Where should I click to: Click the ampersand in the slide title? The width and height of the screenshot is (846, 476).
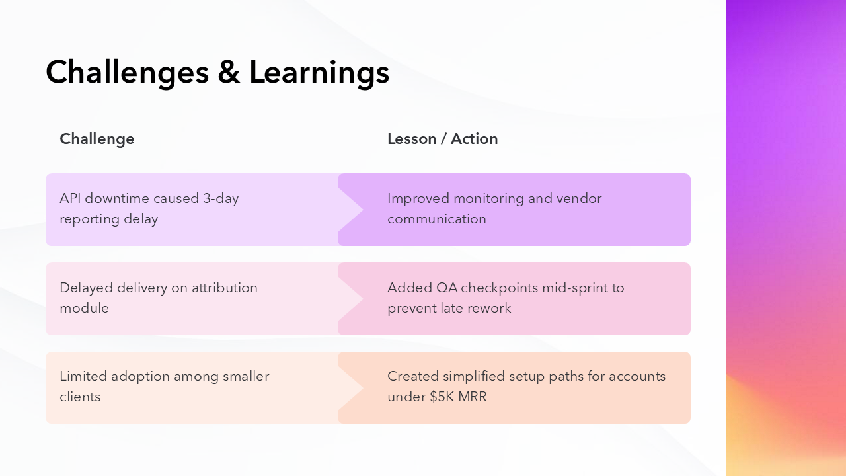[229, 72]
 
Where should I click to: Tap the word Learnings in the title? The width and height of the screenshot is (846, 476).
[319, 72]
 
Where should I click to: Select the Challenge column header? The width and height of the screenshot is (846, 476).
[97, 139]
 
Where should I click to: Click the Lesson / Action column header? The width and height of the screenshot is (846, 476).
[442, 139]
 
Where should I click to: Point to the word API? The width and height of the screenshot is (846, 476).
[70, 198]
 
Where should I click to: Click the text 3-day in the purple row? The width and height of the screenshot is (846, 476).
[221, 198]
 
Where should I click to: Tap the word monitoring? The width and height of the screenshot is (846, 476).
[490, 198]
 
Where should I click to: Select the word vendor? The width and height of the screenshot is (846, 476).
[579, 198]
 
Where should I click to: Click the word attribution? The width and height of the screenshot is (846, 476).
[225, 288]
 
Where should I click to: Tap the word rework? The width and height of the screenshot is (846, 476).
[489, 308]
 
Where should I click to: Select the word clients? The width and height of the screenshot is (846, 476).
[80, 397]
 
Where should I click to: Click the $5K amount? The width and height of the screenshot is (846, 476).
[442, 397]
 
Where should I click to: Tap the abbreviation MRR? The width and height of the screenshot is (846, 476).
[473, 397]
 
